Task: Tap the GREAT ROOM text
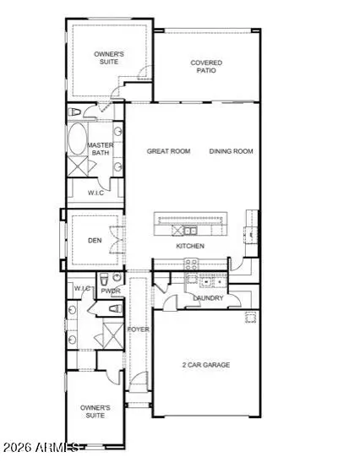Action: (168, 151)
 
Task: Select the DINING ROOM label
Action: (231, 151)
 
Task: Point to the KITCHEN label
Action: (190, 246)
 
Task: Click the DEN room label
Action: (95, 240)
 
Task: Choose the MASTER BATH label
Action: (101, 150)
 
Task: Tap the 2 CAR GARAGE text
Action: (205, 365)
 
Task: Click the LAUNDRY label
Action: (207, 298)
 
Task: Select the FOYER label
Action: (138, 329)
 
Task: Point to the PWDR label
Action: (110, 291)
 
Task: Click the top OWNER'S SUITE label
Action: (108, 57)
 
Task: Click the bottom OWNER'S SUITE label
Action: (95, 411)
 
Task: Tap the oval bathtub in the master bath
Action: (77, 139)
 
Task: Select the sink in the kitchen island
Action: (191, 230)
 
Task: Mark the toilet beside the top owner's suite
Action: (74, 112)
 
